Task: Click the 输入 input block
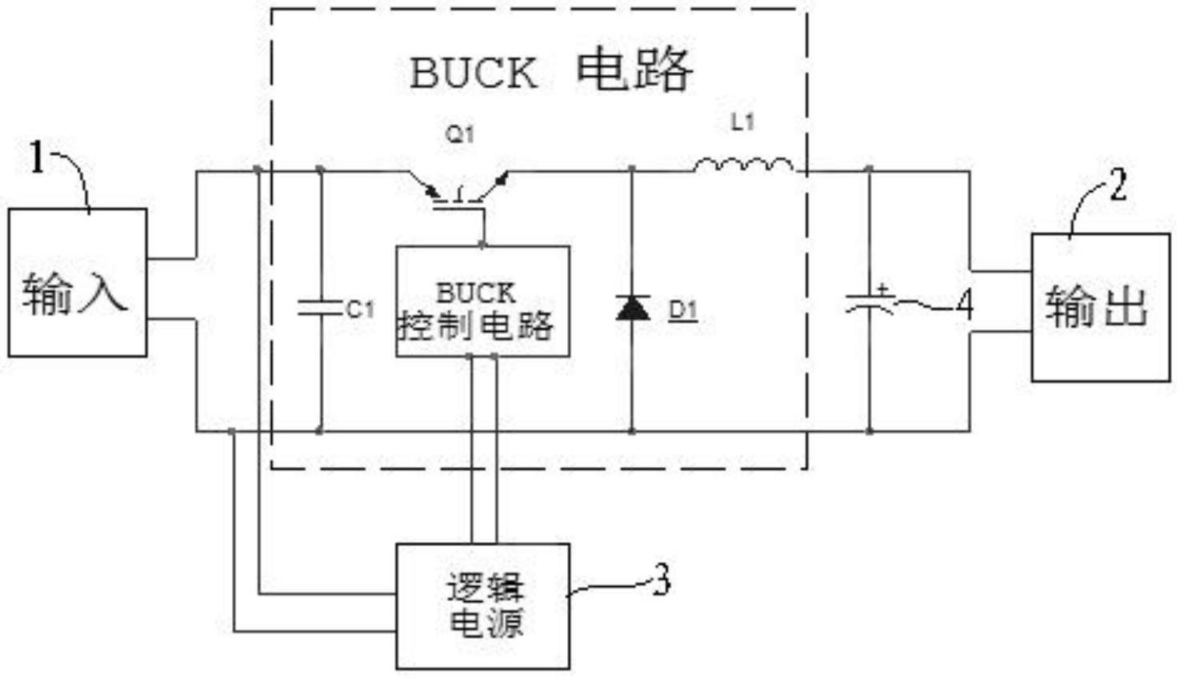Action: (x=78, y=283)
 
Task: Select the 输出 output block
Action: (x=1101, y=307)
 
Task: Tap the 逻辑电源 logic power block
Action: (x=482, y=606)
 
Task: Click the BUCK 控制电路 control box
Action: (x=482, y=301)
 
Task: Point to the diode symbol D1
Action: (x=633, y=308)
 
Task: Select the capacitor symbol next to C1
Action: (x=320, y=308)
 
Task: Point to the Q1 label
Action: (x=460, y=135)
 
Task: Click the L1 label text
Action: (x=742, y=122)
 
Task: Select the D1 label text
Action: (x=683, y=310)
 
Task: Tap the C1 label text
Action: (x=361, y=309)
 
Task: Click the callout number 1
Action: (x=37, y=157)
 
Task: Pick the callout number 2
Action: (x=1118, y=185)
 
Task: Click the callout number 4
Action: (x=965, y=305)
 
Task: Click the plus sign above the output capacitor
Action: (x=883, y=289)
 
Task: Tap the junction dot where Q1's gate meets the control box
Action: (x=482, y=245)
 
